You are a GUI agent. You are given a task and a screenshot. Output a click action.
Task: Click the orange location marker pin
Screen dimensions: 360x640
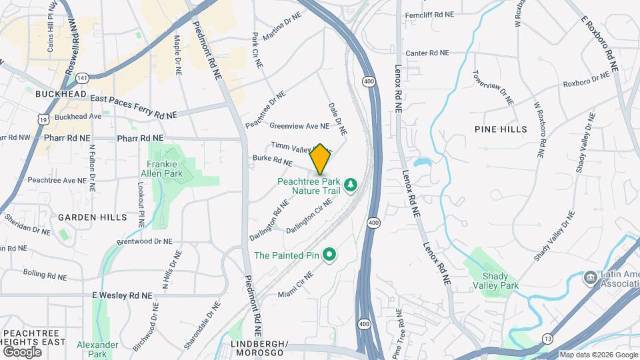[321, 159]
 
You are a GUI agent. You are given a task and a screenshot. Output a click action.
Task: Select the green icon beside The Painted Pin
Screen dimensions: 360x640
[329, 254]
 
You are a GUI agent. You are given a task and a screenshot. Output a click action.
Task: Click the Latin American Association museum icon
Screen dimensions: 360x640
[591, 277]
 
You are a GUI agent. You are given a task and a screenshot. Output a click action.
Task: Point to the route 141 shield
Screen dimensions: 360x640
[82, 79]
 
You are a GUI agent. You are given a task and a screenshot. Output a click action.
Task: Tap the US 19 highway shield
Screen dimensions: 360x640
[44, 119]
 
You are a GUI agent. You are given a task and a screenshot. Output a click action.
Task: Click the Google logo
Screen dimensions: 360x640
[22, 351]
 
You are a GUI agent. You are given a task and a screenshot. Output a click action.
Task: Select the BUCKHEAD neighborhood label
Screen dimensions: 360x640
[61, 95]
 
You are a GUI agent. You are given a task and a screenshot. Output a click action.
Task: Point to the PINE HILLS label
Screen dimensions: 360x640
[501, 129]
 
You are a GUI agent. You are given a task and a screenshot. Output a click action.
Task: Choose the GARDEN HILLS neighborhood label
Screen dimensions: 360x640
[92, 217]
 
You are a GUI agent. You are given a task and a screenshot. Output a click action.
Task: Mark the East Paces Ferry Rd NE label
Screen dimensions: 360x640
[133, 107]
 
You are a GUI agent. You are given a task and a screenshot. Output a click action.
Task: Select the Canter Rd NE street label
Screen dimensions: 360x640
[427, 53]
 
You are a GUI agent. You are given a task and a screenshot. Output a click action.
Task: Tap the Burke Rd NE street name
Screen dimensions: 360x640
[273, 161]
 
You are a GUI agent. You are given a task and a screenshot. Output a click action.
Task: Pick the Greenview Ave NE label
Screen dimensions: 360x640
[299, 125]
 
